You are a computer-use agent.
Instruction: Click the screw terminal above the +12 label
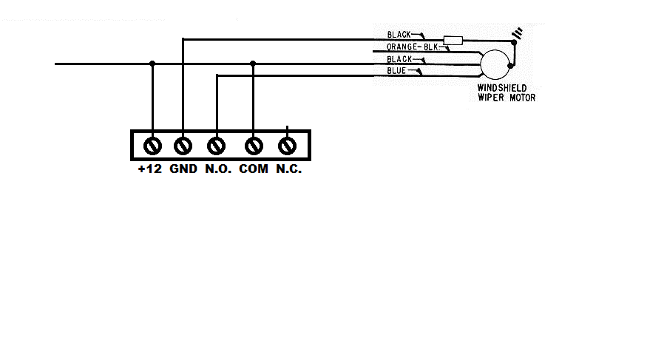[x=152, y=146]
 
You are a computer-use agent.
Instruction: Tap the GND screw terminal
[x=183, y=146]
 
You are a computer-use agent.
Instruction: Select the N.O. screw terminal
[x=216, y=146]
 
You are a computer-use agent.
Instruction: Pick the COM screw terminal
[x=254, y=146]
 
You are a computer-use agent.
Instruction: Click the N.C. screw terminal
[x=287, y=146]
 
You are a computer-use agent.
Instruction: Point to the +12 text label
[x=150, y=169]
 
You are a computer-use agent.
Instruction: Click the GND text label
[x=183, y=169]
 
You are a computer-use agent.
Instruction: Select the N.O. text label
[x=218, y=169]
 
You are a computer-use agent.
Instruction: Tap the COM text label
[x=254, y=169]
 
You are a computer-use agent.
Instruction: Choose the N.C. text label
[x=289, y=169]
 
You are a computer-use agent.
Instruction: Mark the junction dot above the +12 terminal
[x=152, y=64]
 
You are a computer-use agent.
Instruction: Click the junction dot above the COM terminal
[x=253, y=64]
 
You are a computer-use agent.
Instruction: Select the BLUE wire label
[x=396, y=71]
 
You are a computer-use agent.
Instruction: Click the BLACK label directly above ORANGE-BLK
[x=399, y=35]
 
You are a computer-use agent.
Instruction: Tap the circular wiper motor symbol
[x=495, y=64]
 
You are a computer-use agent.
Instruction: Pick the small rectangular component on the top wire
[x=453, y=41]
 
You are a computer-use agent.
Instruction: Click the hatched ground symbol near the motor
[x=517, y=33]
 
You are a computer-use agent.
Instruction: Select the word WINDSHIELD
[x=502, y=88]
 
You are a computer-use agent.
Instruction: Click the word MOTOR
[x=522, y=98]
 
